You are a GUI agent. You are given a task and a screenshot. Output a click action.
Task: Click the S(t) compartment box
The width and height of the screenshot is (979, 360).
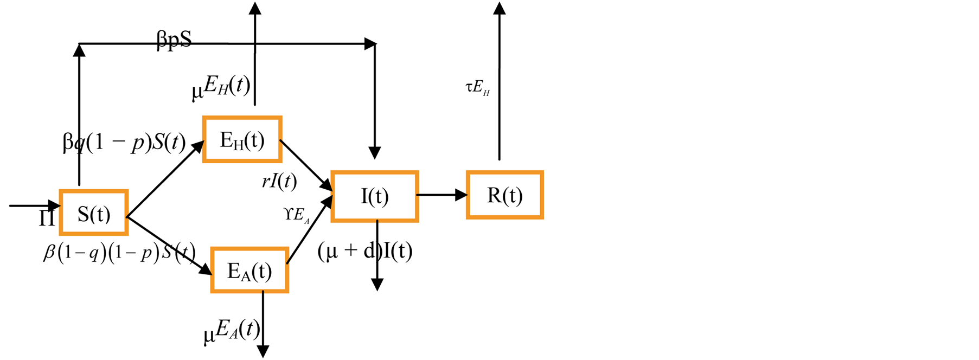tap(94, 213)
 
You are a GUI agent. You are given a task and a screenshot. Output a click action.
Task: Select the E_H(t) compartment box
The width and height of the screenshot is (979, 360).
tap(242, 139)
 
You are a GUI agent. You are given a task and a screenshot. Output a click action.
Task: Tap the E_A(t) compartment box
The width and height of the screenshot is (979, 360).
tap(249, 270)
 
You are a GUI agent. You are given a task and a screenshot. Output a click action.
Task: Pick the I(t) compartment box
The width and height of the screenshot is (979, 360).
tap(375, 196)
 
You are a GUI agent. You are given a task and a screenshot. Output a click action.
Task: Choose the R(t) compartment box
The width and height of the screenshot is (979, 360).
tap(504, 195)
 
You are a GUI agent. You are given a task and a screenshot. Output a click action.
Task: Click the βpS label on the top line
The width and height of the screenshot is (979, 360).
tap(174, 40)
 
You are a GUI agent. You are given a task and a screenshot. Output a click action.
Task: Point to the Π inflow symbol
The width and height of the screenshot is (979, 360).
tap(47, 218)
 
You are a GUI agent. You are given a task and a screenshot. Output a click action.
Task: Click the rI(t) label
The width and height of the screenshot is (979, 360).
tap(279, 181)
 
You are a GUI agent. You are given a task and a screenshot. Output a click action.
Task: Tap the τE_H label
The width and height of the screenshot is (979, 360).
tap(478, 88)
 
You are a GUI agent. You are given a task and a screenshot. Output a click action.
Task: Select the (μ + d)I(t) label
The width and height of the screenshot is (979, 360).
tap(364, 251)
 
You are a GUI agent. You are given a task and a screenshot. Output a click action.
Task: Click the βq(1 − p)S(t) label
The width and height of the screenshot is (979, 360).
tap(124, 143)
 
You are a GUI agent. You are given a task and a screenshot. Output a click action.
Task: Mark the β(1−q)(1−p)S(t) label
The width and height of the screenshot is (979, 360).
tap(119, 253)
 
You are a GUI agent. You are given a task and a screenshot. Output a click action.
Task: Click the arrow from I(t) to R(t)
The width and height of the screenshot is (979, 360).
tap(441, 195)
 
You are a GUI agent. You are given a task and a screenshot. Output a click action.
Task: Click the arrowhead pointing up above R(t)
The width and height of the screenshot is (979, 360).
tap(500, 8)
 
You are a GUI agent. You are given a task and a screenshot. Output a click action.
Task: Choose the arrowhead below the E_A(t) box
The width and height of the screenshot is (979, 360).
tap(263, 351)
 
